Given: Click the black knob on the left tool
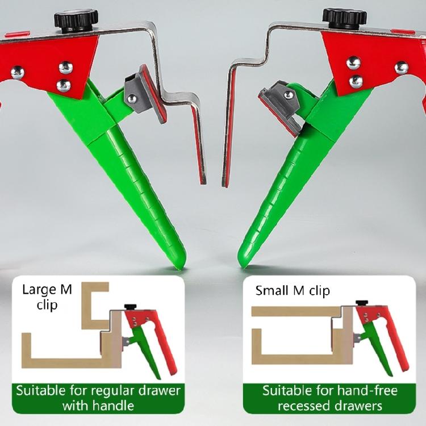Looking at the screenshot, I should (x=76, y=19).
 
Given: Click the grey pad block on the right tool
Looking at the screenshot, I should (x=280, y=102).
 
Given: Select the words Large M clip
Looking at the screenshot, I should (x=48, y=296).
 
